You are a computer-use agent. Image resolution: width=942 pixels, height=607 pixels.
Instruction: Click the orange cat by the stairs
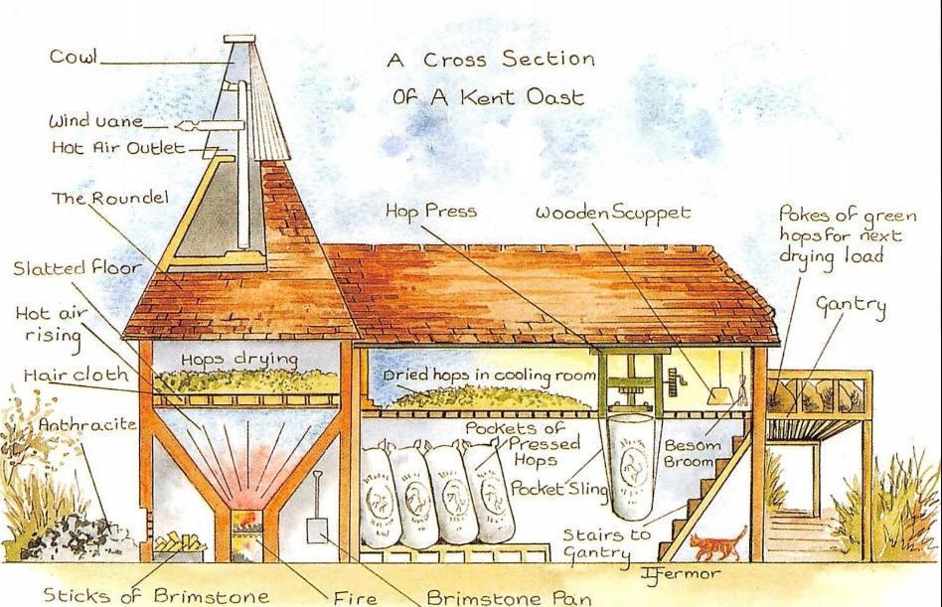point(717,544)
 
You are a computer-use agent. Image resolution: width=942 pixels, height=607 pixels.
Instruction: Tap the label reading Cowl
point(73,57)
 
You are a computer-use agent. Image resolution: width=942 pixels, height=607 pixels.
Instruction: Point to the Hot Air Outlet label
point(118,148)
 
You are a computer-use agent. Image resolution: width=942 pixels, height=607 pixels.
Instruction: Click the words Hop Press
point(430,211)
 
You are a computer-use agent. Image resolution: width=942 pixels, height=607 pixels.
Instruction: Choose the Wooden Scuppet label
point(612,213)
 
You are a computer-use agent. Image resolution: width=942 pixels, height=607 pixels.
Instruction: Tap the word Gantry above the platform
point(850,305)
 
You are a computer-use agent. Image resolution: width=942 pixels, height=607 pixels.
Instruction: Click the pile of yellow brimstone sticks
point(182,543)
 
